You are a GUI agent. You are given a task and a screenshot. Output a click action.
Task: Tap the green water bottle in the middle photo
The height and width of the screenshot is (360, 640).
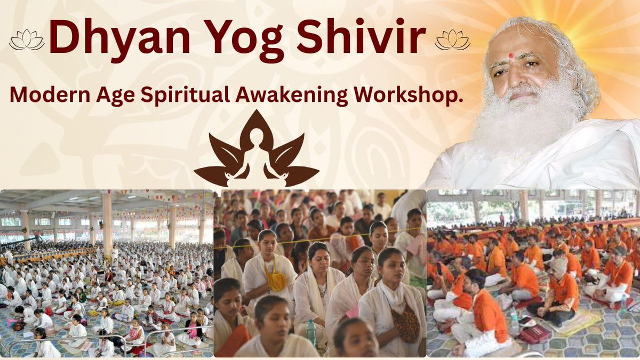(x=311, y=332)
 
